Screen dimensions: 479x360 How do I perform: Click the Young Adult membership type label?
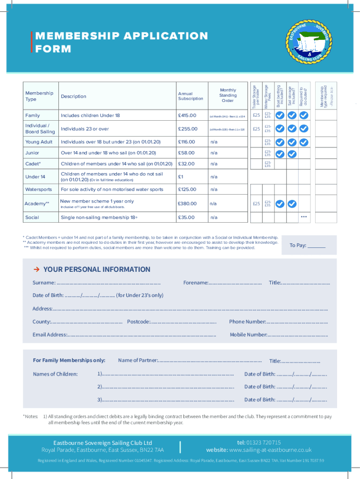[x=39, y=142]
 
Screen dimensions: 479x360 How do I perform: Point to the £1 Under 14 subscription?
[x=180, y=177]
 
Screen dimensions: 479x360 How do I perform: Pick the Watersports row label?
[x=39, y=189]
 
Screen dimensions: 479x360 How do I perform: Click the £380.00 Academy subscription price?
[x=187, y=203]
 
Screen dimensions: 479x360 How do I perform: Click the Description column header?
[x=73, y=96]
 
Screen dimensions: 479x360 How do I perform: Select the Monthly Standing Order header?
[x=228, y=95]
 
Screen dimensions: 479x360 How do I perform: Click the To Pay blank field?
[x=317, y=246]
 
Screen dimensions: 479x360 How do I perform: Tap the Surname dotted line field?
[x=108, y=283]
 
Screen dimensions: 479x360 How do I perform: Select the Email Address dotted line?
[x=142, y=335]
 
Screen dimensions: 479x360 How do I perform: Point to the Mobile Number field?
[x=298, y=335]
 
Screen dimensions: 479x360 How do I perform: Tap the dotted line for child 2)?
[x=168, y=387]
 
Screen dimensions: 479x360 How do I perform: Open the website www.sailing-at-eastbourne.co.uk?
[x=270, y=450]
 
